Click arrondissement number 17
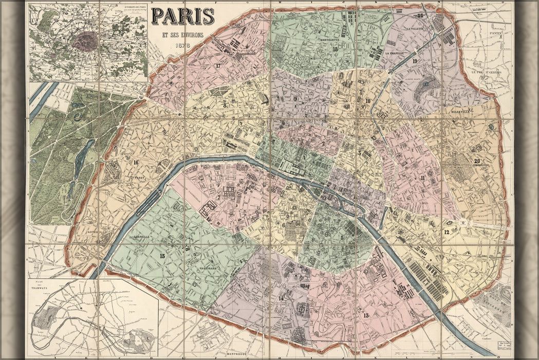pos(218,65)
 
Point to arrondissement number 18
pos(335,49)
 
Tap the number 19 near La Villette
pos(414,61)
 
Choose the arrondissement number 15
pos(162,255)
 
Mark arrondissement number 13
pos(366,315)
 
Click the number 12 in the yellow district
pos(447,232)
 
